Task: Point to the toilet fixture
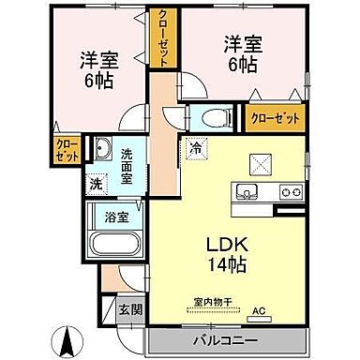pos(206,117)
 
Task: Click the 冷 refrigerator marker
pos(196,147)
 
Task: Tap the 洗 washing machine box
pos(96,185)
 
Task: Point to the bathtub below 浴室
pos(112,246)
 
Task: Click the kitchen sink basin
pos(249,192)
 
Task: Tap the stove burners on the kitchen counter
pos(289,193)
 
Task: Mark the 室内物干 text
pos(211,301)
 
